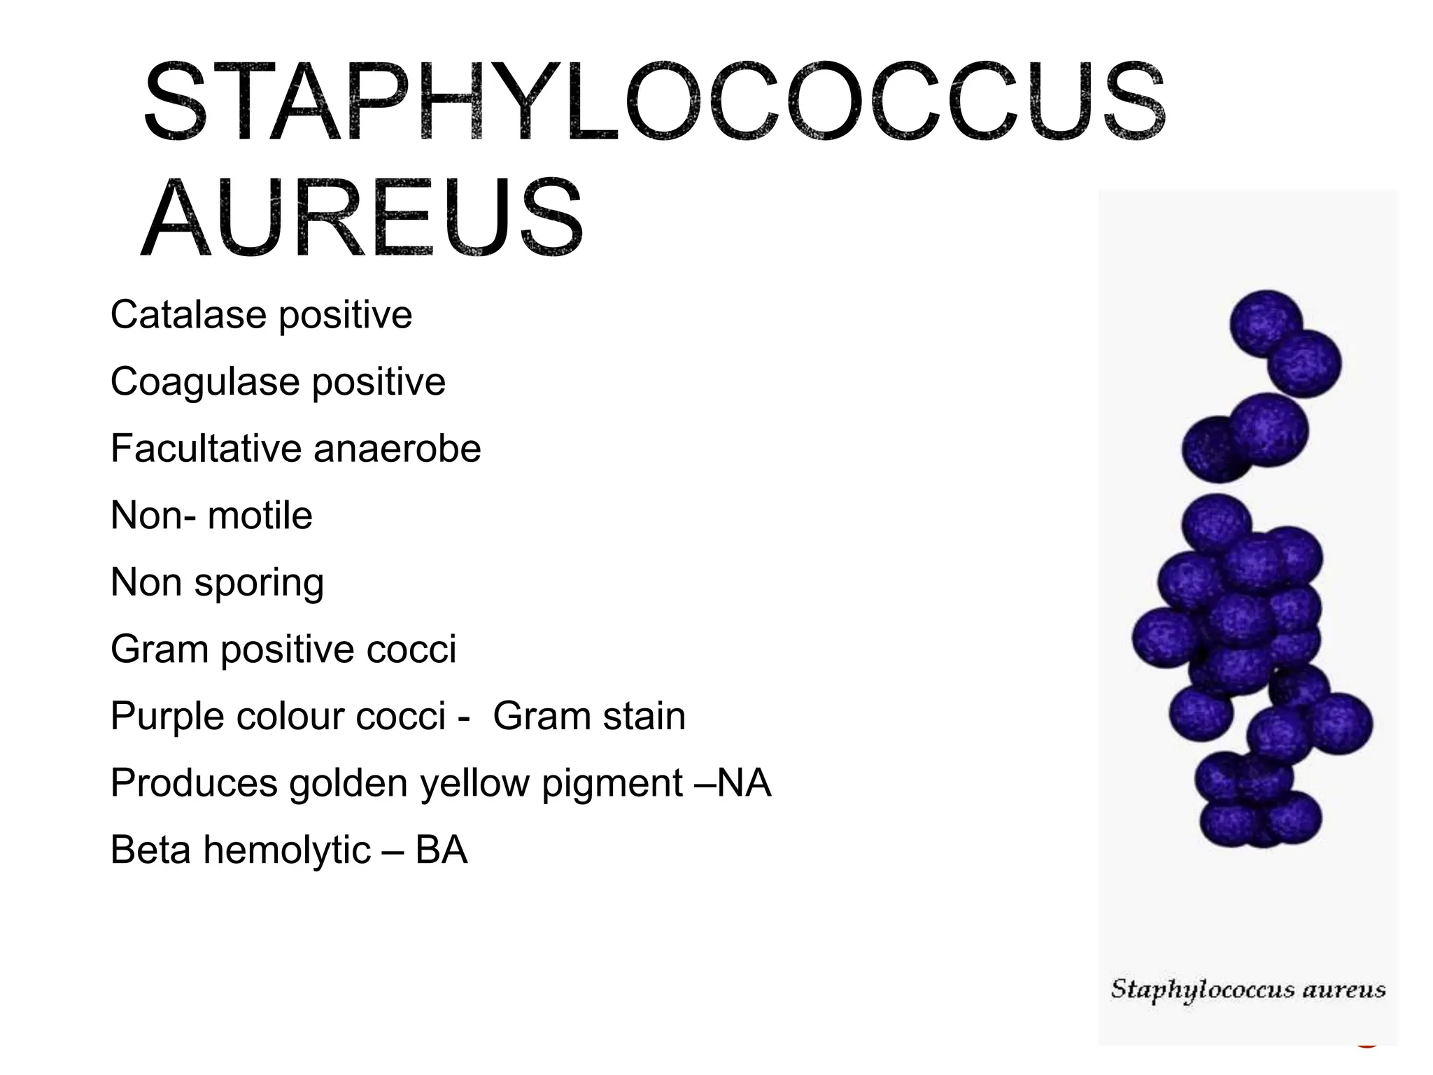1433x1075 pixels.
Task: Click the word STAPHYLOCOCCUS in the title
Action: (x=654, y=103)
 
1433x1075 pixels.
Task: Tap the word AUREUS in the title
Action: (x=362, y=218)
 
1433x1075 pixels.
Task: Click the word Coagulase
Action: (x=205, y=382)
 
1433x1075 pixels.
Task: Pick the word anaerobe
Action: (x=397, y=449)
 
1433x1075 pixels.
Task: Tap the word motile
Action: (x=260, y=516)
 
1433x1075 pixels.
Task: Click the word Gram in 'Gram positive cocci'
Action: (x=160, y=649)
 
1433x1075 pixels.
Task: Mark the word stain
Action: (x=644, y=716)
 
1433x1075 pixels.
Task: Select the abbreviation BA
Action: (x=442, y=850)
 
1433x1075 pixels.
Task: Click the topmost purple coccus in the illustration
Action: (x=1266, y=323)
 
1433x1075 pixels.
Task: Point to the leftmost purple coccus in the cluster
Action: (x=1165, y=637)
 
